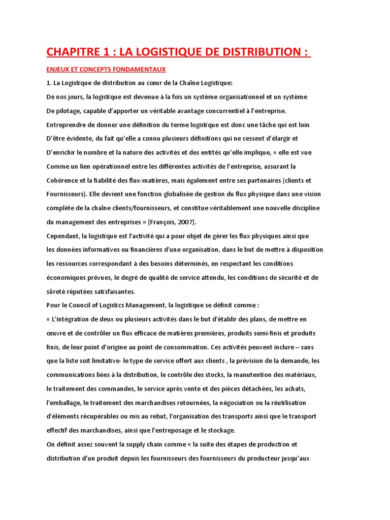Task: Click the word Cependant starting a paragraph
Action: pyautogui.click(x=63, y=236)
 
